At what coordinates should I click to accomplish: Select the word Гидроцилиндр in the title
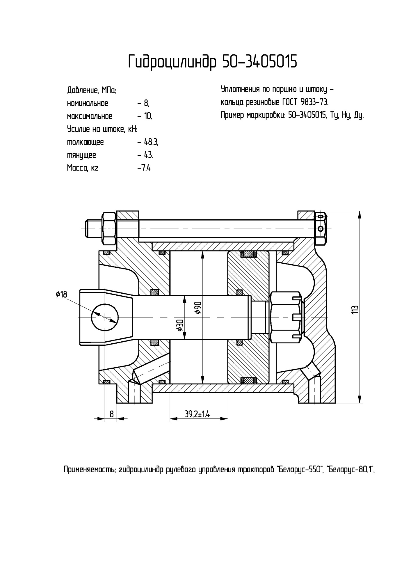[x=172, y=62]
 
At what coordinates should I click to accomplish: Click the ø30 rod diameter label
[x=180, y=325]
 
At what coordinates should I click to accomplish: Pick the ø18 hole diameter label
[x=61, y=294]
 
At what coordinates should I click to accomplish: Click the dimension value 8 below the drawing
[x=111, y=414]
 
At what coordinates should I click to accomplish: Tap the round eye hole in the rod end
[x=105, y=317]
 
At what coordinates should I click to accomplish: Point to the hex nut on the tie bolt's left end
[x=109, y=228]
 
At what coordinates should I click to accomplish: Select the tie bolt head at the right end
[x=321, y=228]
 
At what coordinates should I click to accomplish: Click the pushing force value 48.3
[x=151, y=142]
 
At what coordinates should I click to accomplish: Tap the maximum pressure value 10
[x=148, y=116]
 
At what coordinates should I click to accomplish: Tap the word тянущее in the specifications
[x=81, y=155]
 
